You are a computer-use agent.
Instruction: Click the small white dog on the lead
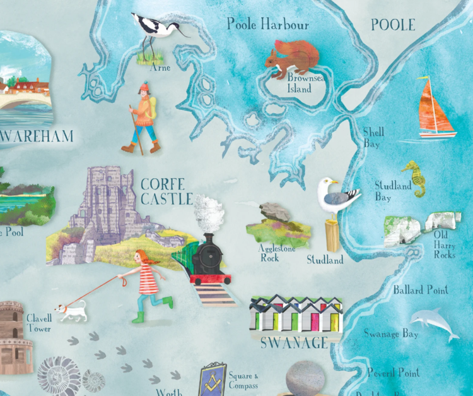point(70,310)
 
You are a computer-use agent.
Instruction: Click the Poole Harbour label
point(268,25)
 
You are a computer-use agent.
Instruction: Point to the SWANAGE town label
point(295,343)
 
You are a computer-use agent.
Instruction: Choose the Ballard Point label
point(421,290)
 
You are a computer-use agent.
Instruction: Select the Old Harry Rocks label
point(445,247)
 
